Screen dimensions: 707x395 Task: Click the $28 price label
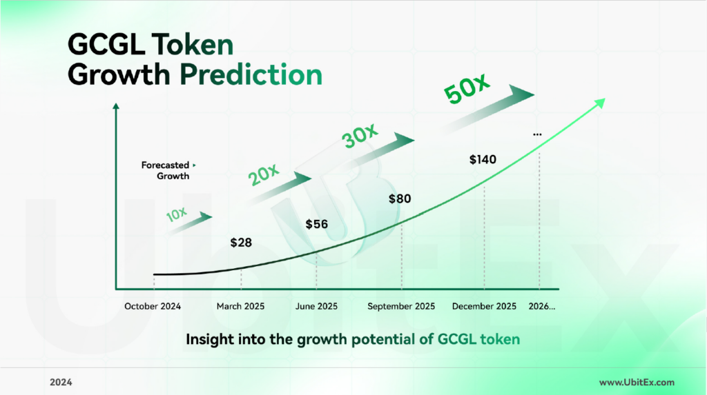[241, 243]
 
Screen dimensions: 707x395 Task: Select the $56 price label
[316, 224]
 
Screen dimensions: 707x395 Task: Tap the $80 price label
[400, 199]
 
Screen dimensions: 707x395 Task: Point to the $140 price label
[483, 159]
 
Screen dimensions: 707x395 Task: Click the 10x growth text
[176, 214]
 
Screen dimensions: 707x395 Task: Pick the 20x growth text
[264, 174]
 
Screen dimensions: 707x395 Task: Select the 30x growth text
[359, 135]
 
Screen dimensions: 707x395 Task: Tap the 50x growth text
[466, 88]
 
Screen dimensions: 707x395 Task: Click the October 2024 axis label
[153, 306]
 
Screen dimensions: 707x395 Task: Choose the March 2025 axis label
[240, 306]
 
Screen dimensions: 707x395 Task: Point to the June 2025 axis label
[316, 306]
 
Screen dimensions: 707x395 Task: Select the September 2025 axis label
[401, 306]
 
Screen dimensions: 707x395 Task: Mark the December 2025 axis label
[484, 306]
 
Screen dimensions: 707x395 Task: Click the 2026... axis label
[541, 306]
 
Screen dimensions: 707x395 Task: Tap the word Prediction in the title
[251, 74]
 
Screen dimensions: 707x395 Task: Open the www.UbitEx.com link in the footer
[637, 383]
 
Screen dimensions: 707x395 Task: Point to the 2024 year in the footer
[61, 383]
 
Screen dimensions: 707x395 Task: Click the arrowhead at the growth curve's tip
[600, 103]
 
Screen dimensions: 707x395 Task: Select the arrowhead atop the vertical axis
[116, 106]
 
